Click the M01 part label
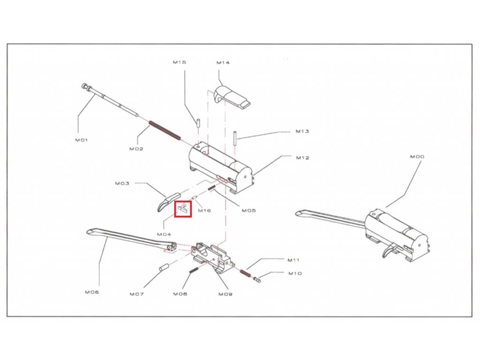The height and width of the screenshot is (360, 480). [82, 140]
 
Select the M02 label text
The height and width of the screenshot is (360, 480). [136, 149]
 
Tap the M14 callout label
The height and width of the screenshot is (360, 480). [223, 63]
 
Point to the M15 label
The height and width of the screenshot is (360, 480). [180, 62]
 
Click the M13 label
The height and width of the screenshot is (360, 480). [302, 131]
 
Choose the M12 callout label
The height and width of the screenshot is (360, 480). [302, 157]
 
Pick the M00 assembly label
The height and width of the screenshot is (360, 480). [417, 157]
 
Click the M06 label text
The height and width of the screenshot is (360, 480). [92, 292]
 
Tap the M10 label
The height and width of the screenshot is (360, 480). [295, 273]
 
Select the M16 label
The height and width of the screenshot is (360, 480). [204, 210]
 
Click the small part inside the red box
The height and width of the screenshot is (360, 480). [183, 209]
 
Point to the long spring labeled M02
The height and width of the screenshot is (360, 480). [165, 130]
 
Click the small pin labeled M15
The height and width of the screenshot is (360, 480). [198, 122]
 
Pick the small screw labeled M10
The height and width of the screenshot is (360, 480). [257, 278]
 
